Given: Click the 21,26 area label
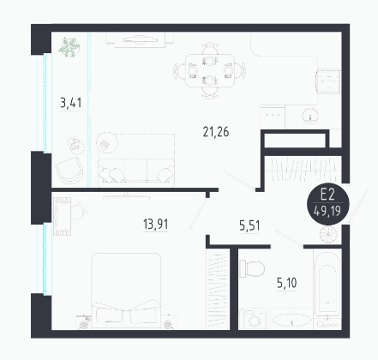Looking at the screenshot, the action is [x=216, y=132].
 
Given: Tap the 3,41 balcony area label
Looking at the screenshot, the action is [x=71, y=103].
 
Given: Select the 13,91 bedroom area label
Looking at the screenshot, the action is [x=155, y=224].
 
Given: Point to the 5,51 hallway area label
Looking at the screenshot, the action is [x=249, y=226].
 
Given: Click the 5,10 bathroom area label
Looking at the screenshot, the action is [x=287, y=283].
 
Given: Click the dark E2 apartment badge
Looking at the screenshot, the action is [x=327, y=203].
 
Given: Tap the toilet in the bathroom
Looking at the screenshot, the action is [x=252, y=268].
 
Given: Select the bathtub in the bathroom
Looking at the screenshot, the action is [x=327, y=282].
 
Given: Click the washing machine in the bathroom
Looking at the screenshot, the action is [x=254, y=319].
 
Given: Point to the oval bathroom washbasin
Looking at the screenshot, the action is [x=291, y=320].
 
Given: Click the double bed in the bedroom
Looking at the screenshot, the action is [x=126, y=291].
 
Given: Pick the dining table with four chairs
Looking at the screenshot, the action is [x=210, y=70].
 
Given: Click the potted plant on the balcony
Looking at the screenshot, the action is [x=69, y=47].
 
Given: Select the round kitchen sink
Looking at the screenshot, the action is [x=310, y=116].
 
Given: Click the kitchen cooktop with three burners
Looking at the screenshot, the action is [x=273, y=117].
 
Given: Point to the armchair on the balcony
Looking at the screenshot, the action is [x=69, y=169].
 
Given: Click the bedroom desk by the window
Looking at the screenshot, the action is [x=63, y=216].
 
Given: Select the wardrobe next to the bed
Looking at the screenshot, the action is [x=218, y=289].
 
